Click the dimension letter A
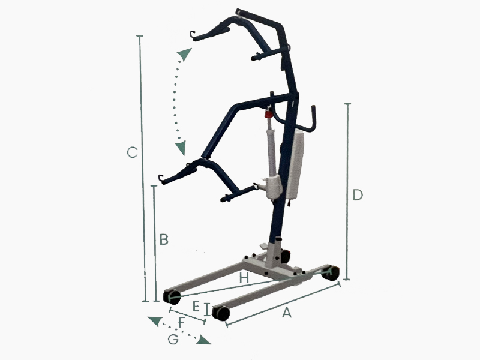287,313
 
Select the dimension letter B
164,239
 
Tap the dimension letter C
132,152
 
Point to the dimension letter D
358,195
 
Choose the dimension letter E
196,306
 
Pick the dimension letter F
182,322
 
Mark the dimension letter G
173,339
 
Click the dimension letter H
244,278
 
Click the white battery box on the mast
295,163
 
